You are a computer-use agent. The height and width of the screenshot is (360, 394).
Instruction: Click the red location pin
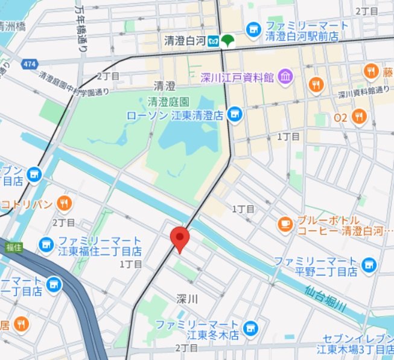pyautogui.click(x=180, y=239)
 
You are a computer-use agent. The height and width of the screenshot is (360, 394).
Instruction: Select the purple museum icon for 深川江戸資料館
pyautogui.click(x=285, y=77)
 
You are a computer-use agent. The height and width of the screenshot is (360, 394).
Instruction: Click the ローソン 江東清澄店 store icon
pyautogui.click(x=235, y=114)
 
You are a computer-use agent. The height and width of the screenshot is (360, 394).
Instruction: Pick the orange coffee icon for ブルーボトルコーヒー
pyautogui.click(x=284, y=224)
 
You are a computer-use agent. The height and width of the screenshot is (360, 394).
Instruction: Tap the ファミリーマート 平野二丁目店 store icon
pyautogui.click(x=368, y=264)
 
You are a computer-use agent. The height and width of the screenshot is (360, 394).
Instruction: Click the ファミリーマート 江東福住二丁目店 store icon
pyautogui.click(x=46, y=244)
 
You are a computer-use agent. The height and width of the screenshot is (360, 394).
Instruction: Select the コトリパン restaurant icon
pyautogui.click(x=63, y=203)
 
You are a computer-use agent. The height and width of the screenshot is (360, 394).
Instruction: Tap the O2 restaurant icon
pyautogui.click(x=360, y=117)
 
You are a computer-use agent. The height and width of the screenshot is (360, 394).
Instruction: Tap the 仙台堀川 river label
pyautogui.click(x=325, y=298)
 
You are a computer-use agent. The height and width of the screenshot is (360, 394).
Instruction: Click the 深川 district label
pyautogui.click(x=188, y=299)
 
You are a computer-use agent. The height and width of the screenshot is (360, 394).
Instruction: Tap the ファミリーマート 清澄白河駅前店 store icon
pyautogui.click(x=253, y=29)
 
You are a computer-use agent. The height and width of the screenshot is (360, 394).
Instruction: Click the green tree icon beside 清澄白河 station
pyautogui.click(x=228, y=42)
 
